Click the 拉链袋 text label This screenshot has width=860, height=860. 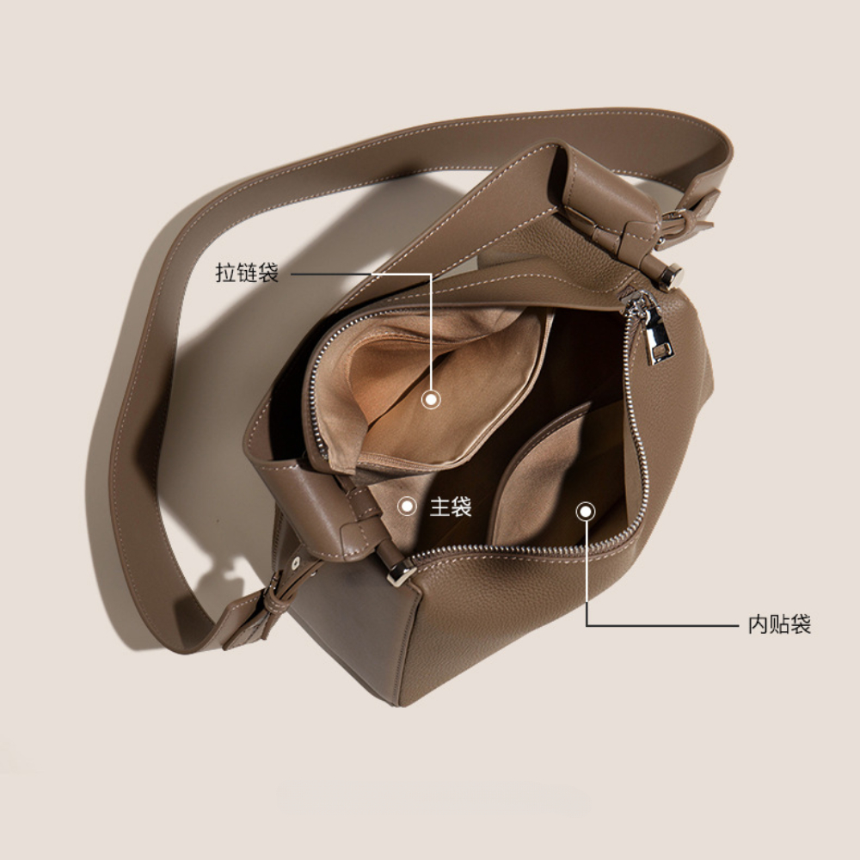[247, 273]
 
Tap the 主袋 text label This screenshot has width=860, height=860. [451, 507]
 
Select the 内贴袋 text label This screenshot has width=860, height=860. [779, 624]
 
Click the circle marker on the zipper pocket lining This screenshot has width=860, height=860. [431, 399]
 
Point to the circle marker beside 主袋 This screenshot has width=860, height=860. [407, 506]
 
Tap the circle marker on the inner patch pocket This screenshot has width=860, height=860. [586, 512]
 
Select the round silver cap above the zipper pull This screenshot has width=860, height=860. [672, 276]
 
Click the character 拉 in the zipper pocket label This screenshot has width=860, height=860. [225, 273]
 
